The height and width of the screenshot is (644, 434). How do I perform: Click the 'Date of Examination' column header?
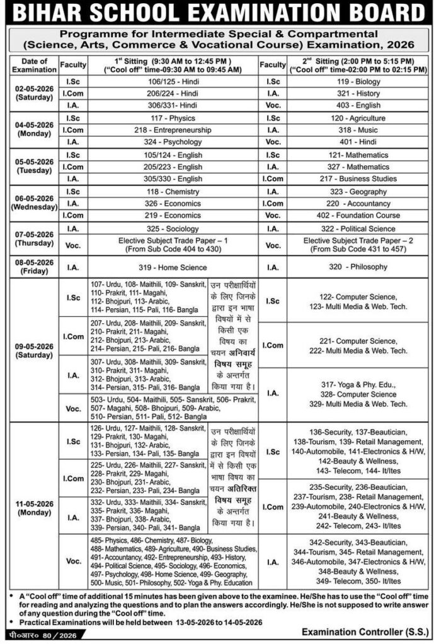click(x=33, y=65)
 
